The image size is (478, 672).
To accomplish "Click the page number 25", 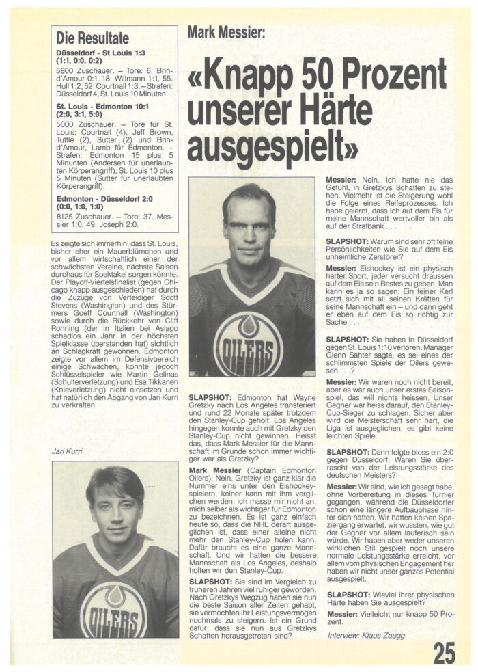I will [444, 652].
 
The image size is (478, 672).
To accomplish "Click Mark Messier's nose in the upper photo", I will [251, 226].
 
